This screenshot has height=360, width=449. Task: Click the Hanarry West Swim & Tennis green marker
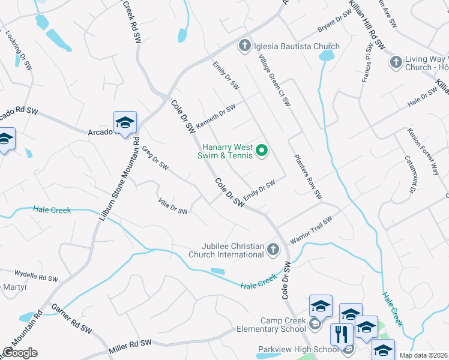tap(262, 151)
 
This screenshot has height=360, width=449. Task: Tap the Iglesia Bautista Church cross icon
tap(244, 46)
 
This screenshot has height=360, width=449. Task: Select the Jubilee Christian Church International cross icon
tap(273, 249)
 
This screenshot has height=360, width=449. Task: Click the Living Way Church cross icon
tap(396, 62)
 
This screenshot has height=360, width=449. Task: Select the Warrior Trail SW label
tap(311, 230)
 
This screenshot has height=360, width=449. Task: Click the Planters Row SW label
tap(308, 178)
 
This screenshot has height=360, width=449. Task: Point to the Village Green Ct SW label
tap(274, 80)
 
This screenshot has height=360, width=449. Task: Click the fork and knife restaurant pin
tap(342, 334)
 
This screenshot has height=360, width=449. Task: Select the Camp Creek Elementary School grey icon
tap(315, 325)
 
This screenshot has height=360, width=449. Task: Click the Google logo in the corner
tap(20, 353)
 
